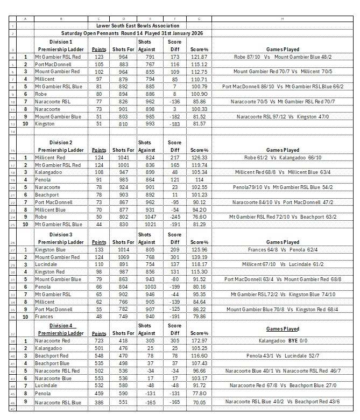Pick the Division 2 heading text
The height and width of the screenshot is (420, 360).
pyautogui.click(x=61, y=143)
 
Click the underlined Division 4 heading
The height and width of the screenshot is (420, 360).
pyautogui.click(x=61, y=326)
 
